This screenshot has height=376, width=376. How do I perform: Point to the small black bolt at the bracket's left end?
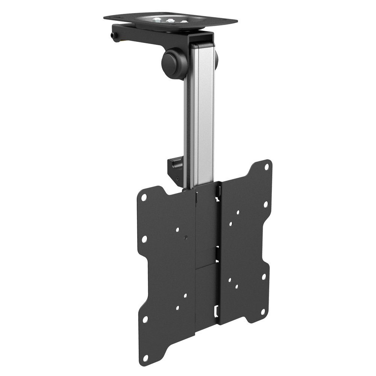(x=113, y=35)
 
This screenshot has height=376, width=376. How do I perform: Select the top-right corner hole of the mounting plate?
(x=267, y=168)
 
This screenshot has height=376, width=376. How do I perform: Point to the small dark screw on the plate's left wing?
(x=186, y=237)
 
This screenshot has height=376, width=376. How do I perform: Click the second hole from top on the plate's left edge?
(x=144, y=239)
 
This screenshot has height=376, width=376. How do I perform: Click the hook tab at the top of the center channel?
(x=217, y=192)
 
